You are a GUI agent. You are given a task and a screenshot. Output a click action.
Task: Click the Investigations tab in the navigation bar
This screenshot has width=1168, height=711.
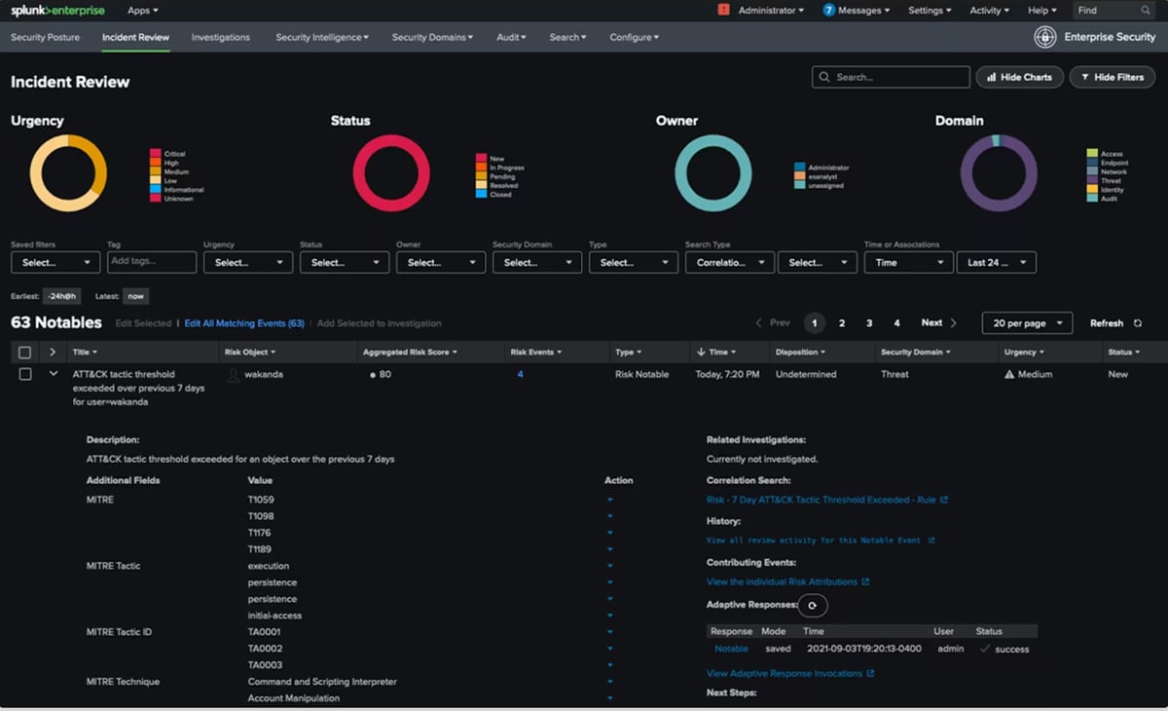[x=220, y=37]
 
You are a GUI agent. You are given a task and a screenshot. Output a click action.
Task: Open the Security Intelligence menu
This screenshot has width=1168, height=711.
[x=321, y=37]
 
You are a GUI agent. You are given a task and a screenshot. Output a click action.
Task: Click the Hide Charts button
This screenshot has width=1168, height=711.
[x=1019, y=77]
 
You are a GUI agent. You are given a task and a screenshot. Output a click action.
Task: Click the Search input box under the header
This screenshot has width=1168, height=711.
[x=891, y=77]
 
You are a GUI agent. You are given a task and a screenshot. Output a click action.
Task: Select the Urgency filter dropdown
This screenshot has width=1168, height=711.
[x=247, y=262]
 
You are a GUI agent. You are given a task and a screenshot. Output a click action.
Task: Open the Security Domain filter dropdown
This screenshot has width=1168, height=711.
[x=536, y=262]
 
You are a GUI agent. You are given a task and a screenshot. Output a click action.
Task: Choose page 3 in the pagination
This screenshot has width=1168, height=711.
[x=869, y=323]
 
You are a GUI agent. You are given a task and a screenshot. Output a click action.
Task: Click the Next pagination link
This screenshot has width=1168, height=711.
[x=931, y=323]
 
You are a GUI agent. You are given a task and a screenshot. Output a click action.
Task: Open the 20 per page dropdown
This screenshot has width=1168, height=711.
[x=1027, y=323]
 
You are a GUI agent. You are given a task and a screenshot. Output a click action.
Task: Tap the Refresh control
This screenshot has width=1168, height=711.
[x=1114, y=323]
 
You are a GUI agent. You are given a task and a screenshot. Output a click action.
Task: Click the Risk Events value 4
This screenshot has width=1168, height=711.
[x=521, y=374]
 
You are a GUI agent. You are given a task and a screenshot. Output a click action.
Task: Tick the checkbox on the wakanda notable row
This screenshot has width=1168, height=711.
[x=25, y=374]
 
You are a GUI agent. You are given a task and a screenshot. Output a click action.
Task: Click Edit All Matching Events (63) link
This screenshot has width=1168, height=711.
[x=244, y=323]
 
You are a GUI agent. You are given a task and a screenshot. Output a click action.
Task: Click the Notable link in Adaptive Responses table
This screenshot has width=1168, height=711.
[x=731, y=649]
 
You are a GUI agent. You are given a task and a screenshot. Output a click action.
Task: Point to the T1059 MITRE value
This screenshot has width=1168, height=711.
[x=261, y=500]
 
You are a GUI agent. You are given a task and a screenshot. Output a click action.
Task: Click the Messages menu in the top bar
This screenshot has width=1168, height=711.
[x=857, y=11]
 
